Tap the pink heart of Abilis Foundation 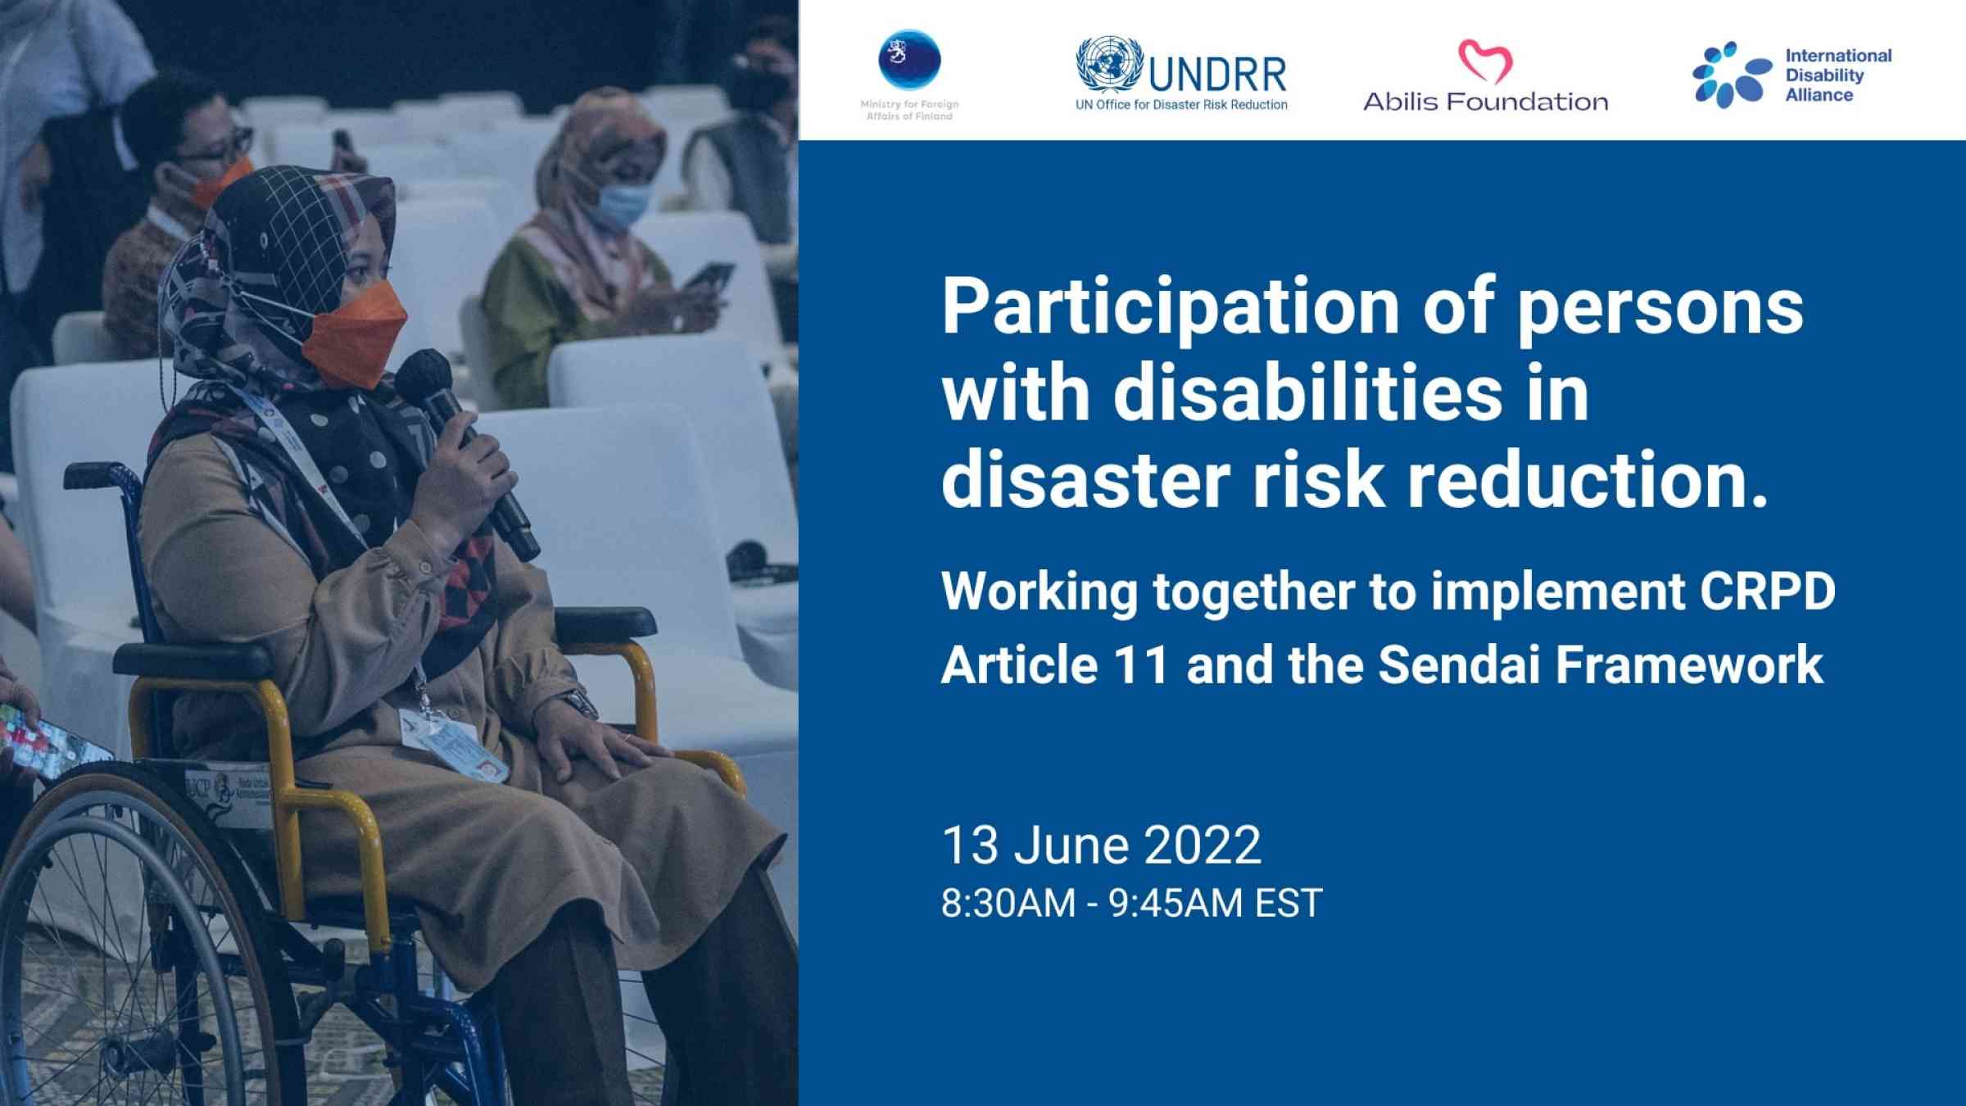point(1484,61)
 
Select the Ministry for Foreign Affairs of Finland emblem point(909,59)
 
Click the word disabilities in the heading point(1307,392)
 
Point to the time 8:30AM point(1008,903)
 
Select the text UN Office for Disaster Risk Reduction point(1181,105)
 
